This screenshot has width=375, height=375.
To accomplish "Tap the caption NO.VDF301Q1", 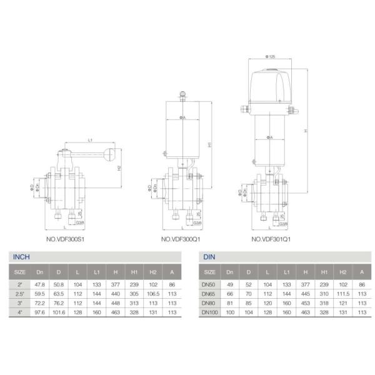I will pyautogui.click(x=272, y=239).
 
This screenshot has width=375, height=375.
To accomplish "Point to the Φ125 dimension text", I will pyautogui.click(x=270, y=56).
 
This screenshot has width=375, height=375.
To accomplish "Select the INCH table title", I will pyautogui.click(x=22, y=257).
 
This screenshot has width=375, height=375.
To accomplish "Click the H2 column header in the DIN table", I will pyautogui.click(x=342, y=272).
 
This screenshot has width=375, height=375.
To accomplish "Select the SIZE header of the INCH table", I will pyautogui.click(x=21, y=272).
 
